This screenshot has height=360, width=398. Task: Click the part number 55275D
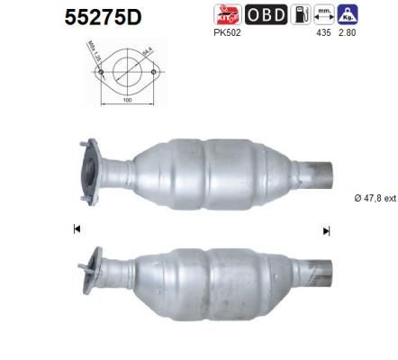coord(104,17)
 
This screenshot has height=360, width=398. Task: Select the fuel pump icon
coord(303,14)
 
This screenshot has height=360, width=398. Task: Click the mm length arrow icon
coord(324,14)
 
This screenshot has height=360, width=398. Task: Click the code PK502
coord(227,32)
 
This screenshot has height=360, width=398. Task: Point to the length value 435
coord(324,32)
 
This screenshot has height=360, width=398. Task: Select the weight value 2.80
coord(348,32)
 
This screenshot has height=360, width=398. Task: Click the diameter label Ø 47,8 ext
coord(374,198)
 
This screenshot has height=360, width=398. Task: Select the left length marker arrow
coord(77,229)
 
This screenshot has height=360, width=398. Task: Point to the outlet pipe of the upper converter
coord(316,171)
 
